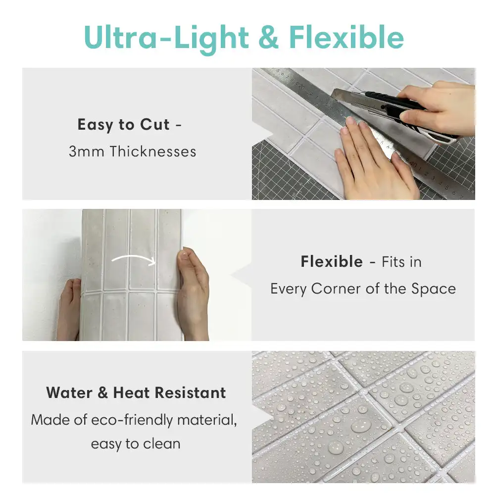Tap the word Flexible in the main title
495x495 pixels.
coord(346,38)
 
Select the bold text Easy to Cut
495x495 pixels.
coord(123,125)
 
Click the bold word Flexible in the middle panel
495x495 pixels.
coord(331,261)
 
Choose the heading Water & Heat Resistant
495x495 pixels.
coord(136,393)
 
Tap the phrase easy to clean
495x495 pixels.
coord(135,444)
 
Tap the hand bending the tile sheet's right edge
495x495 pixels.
coord(193,292)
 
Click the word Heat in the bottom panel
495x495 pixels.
coord(132,393)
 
